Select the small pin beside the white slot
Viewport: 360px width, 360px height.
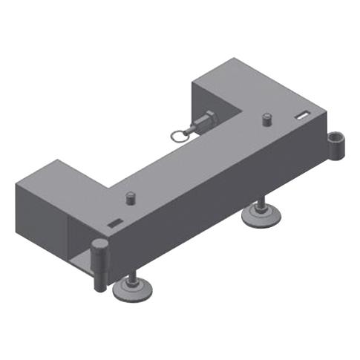266,118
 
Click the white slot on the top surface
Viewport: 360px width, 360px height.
301,115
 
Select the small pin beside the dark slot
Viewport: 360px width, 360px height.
131,198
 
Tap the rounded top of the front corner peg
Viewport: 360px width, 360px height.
98,246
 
